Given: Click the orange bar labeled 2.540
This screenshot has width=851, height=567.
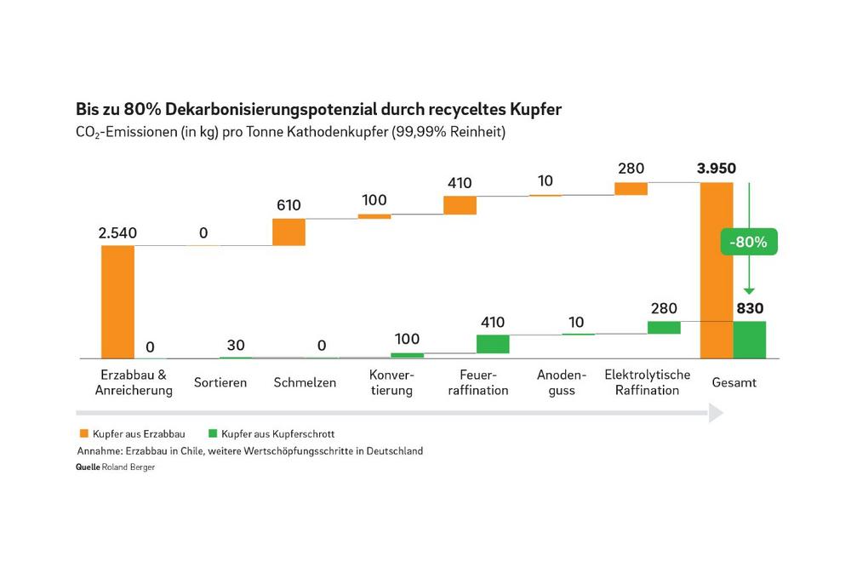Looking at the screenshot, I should point(117,301).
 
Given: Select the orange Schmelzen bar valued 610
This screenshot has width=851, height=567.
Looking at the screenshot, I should point(288,232).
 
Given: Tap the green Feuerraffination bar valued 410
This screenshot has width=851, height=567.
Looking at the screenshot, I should point(493,343).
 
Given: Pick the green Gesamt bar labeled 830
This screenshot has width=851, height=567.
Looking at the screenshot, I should point(750,340).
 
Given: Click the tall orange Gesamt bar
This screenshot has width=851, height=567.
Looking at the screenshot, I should point(717,271).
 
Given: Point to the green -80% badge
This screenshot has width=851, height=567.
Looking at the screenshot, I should point(748,242).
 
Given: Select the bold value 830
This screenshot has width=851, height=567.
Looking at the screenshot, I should point(750,308).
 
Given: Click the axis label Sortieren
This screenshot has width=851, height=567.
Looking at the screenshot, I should point(220,382).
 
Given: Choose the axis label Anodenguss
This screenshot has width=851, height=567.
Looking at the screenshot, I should point(562,382).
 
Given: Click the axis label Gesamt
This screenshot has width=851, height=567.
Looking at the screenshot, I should point(734,382).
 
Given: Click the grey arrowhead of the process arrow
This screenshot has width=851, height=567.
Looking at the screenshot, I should point(716,413).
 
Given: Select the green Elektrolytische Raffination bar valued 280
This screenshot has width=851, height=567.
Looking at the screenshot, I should point(664,327).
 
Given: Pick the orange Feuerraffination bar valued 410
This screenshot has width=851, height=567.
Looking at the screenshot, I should point(460,205).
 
